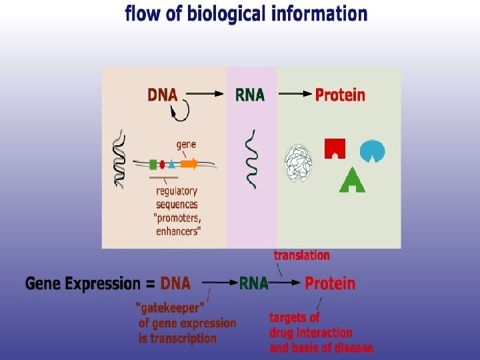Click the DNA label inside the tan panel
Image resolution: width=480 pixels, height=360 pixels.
pos(163,95)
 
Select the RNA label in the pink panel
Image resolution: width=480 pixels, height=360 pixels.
pos(250,95)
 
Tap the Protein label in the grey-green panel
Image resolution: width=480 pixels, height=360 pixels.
pos(340,95)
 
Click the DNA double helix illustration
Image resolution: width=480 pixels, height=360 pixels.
pos(119,157)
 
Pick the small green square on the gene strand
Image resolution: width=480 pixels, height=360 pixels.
pos(153,163)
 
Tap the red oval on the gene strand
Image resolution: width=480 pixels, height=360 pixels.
pos(162,164)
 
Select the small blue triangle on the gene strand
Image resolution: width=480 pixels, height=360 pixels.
pos(171,164)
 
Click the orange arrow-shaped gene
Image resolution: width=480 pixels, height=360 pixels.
pos(189,163)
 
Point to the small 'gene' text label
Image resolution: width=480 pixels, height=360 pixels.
pos(186,143)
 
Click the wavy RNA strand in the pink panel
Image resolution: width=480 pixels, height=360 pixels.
pos(251,159)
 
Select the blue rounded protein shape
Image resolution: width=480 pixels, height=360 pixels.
pos(372,151)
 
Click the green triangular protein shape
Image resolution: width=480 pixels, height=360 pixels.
pos(352,179)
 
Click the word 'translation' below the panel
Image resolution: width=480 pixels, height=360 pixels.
pos(301,255)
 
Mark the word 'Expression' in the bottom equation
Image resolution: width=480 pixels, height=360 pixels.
pos(102,283)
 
